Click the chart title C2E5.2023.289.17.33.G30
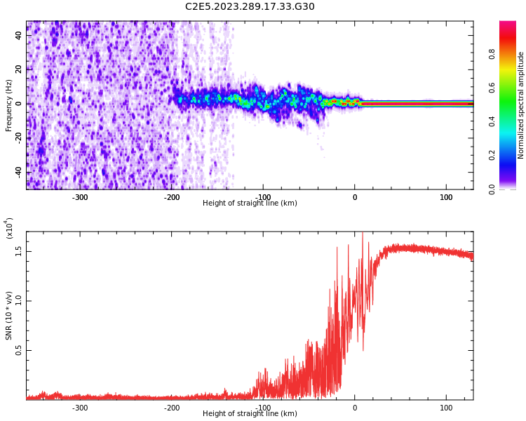[250, 7]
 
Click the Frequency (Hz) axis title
[9, 105]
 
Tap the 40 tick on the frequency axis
[19, 35]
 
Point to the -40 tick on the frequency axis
[18, 172]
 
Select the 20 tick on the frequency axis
[19, 69]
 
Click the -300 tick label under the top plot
[80, 197]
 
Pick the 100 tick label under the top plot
[446, 197]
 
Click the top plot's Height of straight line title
[250, 203]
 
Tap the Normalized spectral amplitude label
[521, 105]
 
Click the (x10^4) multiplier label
[9, 228]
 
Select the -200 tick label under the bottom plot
[171, 408]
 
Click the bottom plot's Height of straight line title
[250, 414]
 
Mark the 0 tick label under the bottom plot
[354, 408]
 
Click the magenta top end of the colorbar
[507, 25]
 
